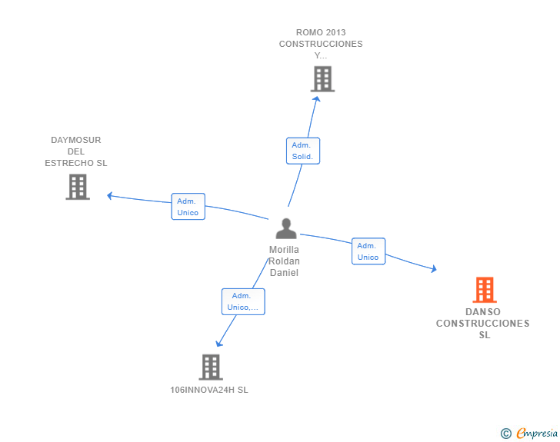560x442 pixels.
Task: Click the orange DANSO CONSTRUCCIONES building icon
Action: pyautogui.click(x=484, y=290)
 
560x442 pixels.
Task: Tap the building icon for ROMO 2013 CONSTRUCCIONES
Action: pyautogui.click(x=322, y=78)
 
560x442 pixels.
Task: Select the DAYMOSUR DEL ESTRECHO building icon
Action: pyautogui.click(x=78, y=187)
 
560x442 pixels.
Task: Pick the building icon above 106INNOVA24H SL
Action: pyautogui.click(x=210, y=367)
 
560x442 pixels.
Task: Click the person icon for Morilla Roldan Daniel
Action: pyautogui.click(x=286, y=229)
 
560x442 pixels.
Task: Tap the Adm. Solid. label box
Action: pyautogui.click(x=302, y=151)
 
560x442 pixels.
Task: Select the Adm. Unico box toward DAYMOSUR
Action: pyautogui.click(x=188, y=207)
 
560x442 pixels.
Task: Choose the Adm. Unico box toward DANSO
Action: pyautogui.click(x=368, y=251)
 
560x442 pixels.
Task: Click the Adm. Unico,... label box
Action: pyautogui.click(x=243, y=301)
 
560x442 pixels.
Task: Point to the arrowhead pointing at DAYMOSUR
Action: pyautogui.click(x=110, y=195)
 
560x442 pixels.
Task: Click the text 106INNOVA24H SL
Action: pyautogui.click(x=209, y=390)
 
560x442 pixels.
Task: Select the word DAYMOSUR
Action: pyautogui.click(x=76, y=140)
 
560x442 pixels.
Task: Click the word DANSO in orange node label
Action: pyautogui.click(x=483, y=312)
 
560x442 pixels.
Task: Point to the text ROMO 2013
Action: pyautogui.click(x=321, y=32)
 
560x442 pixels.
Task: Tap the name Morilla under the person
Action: pyautogui.click(x=284, y=250)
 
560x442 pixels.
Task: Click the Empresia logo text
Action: pyautogui.click(x=537, y=434)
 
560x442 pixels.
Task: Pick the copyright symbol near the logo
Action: pyautogui.click(x=505, y=434)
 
